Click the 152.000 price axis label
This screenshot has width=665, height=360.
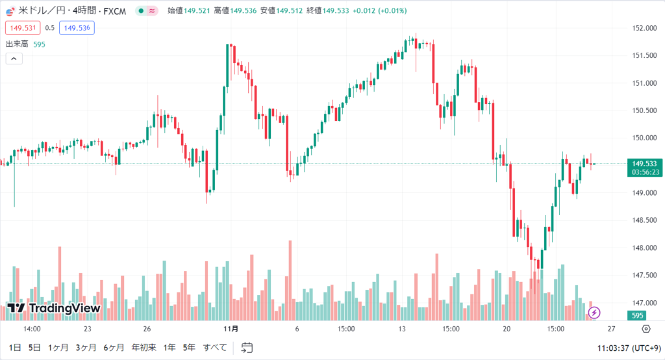[x=641, y=28]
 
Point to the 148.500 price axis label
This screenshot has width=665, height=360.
[x=641, y=220]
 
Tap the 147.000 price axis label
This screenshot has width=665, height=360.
[x=641, y=303]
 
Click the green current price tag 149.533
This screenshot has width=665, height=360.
[x=646, y=164]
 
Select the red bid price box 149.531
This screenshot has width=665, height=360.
[x=23, y=27]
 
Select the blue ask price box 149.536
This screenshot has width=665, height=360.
[x=77, y=27]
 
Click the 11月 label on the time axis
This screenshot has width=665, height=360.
[x=231, y=329]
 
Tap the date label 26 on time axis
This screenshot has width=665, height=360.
[x=147, y=329]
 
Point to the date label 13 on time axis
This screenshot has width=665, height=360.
[x=402, y=329]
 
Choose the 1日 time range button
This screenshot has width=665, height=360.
[x=15, y=348]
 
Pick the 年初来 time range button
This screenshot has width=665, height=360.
[x=144, y=348]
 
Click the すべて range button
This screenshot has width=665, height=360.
[x=215, y=348]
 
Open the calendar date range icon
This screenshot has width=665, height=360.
[x=246, y=348]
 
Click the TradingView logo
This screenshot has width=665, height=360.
[x=53, y=308]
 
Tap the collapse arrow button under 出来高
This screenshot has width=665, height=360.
[x=14, y=58]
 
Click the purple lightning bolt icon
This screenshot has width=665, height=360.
[x=595, y=313]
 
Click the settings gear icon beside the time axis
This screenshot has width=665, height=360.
[x=645, y=329]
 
